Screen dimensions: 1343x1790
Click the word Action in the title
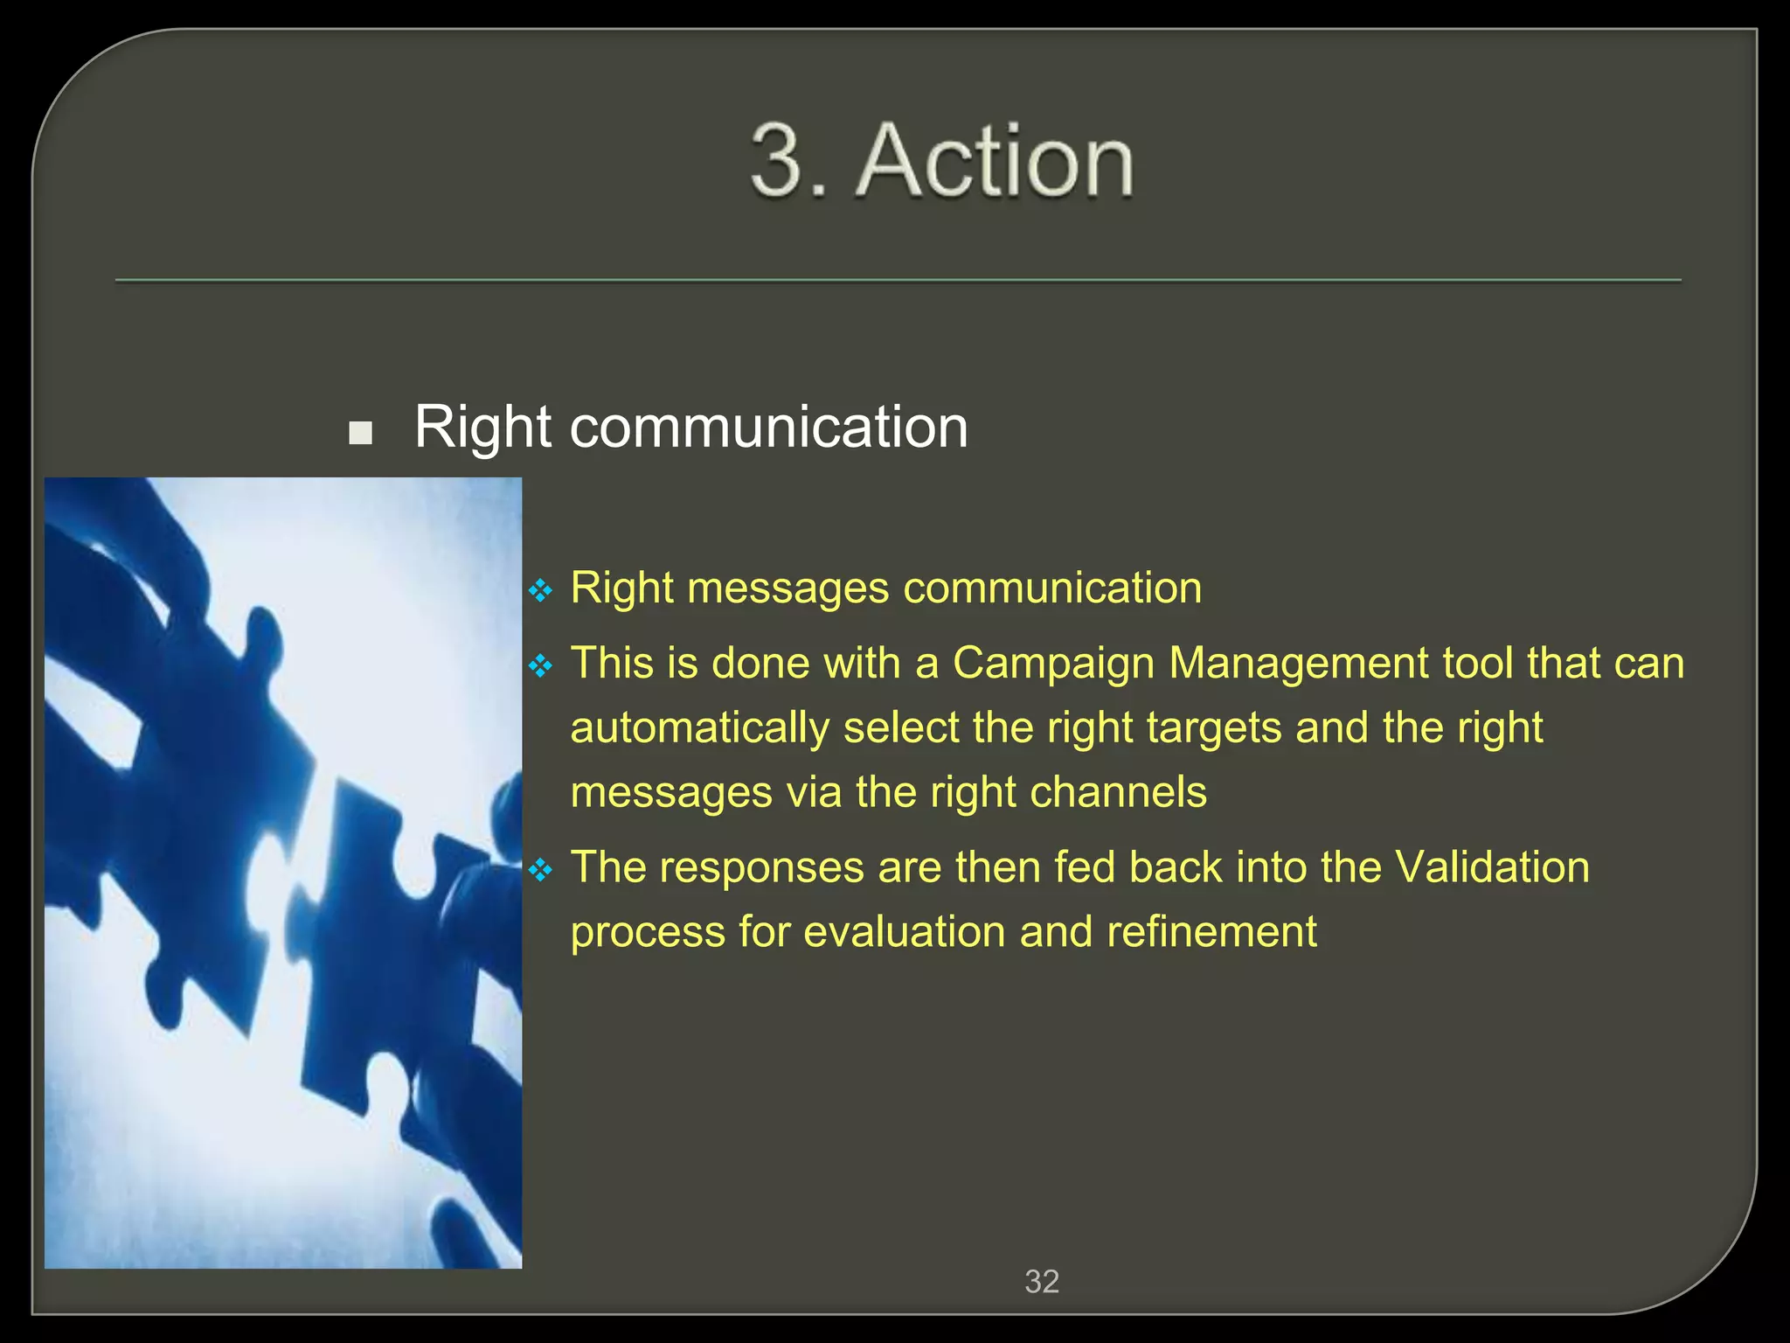tap(998, 162)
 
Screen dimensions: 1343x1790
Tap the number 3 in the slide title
tap(777, 162)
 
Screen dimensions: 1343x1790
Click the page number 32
tap(1042, 1282)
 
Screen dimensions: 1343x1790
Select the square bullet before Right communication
tap(360, 433)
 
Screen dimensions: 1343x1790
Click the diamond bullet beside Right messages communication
tap(541, 592)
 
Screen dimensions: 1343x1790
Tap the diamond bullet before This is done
tap(541, 667)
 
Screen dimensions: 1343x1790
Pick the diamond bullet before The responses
tap(541, 871)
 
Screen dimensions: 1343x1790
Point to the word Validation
tap(1492, 867)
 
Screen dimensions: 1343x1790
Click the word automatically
tap(699, 728)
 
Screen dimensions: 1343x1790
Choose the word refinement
tap(1211, 931)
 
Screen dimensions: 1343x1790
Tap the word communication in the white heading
tap(768, 428)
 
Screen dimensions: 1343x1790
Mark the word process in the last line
tap(647, 933)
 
